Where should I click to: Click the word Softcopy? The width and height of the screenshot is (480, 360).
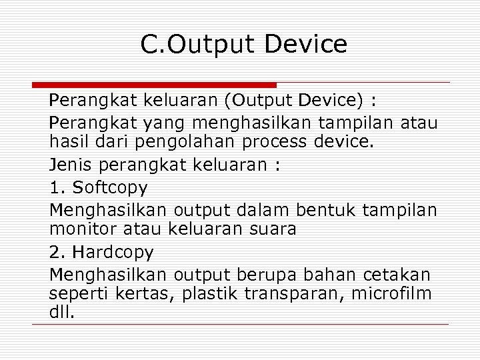109,187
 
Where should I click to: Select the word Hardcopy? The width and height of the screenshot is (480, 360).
113,253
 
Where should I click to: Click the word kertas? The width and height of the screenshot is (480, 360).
150,293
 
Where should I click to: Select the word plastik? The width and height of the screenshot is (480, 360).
209,293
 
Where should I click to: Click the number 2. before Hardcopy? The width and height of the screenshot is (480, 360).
57,253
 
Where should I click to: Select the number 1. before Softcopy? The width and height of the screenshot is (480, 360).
57,187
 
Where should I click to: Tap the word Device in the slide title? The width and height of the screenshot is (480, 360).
305,44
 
